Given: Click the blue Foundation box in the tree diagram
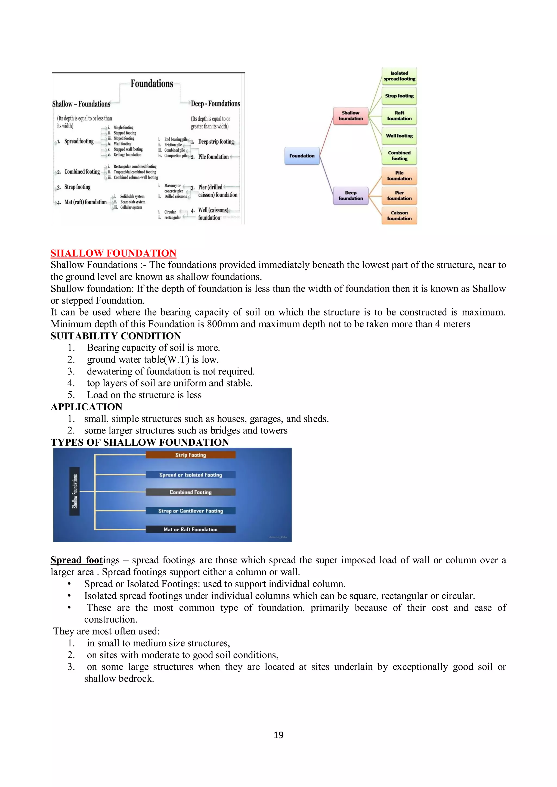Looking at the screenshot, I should [302, 156].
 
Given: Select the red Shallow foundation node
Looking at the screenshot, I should [350, 116].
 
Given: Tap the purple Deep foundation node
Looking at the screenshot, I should [351, 196].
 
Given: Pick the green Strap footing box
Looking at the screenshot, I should [399, 96].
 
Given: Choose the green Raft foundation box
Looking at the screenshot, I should [399, 116].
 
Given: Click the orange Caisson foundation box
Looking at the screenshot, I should [399, 216].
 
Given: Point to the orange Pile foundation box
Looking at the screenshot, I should [399, 176].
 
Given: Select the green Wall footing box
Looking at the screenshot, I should [399, 136].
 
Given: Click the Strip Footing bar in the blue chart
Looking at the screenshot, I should [191, 455].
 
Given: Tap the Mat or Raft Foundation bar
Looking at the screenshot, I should [191, 529].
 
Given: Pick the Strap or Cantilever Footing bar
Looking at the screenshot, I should [191, 511].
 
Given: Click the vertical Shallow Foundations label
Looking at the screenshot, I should [75, 491].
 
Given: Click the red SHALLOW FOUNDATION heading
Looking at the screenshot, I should [113, 253].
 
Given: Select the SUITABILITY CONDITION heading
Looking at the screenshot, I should [116, 336].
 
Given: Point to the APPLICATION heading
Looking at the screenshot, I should [86, 407].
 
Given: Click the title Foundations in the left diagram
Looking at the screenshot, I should [152, 84].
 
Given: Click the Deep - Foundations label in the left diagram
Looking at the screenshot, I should [215, 104].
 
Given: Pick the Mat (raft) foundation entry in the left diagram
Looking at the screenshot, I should [85, 202].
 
